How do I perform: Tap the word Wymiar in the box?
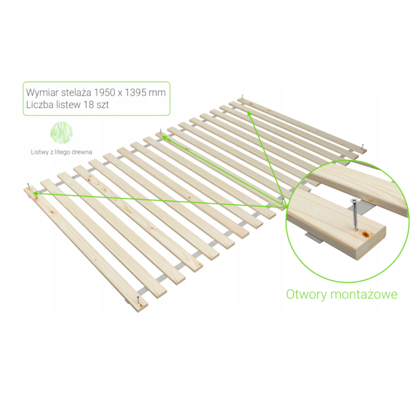pyautogui.click(x=42, y=93)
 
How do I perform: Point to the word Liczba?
pyautogui.click(x=40, y=104)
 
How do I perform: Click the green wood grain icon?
pyautogui.click(x=62, y=133)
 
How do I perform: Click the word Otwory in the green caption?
pyautogui.click(x=306, y=295)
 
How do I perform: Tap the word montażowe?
pyautogui.click(x=364, y=295)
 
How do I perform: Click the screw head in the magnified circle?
pyautogui.click(x=354, y=200)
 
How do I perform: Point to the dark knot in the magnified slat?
pyautogui.click(x=365, y=235)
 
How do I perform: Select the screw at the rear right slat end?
pyautogui.click(x=362, y=147)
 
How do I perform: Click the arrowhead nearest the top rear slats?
pyautogui.click(x=249, y=114)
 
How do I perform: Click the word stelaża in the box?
pyautogui.click(x=77, y=93)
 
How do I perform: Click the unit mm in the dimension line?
pyautogui.click(x=157, y=93)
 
